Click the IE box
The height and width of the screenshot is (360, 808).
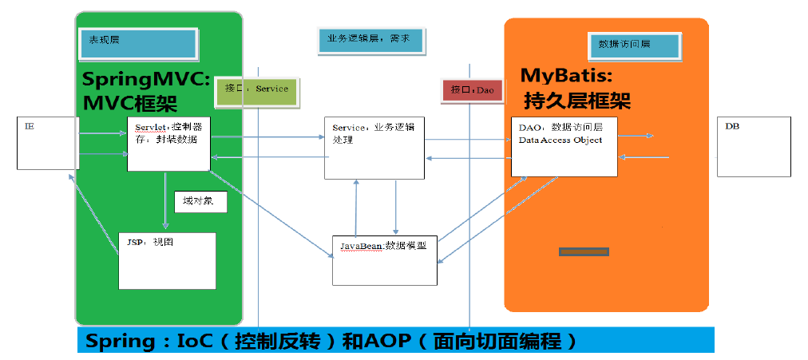pyautogui.click(x=48, y=143)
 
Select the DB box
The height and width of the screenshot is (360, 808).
pyautogui.click(x=754, y=147)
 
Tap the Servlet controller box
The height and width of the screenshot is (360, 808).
pyautogui.click(x=168, y=144)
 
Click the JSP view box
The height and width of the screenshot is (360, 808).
pyautogui.click(x=167, y=260)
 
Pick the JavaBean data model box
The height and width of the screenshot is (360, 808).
pyautogui.click(x=384, y=259)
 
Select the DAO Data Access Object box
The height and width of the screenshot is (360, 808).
pyautogui.click(x=564, y=147)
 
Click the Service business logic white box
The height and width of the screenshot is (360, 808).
pyautogui.click(x=374, y=148)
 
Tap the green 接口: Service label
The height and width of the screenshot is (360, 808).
pyautogui.click(x=256, y=93)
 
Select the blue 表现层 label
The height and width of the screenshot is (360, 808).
pyautogui.click(x=137, y=43)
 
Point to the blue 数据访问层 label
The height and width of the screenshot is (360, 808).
pyautogui.click(x=634, y=45)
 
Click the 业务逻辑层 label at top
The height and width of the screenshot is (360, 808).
pyautogui.click(x=372, y=40)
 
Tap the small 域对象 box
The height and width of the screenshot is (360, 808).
pyautogui.click(x=201, y=202)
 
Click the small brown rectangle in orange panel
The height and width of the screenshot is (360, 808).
pyautogui.click(x=584, y=252)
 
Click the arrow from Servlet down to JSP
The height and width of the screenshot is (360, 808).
pyautogui.click(x=165, y=200)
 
